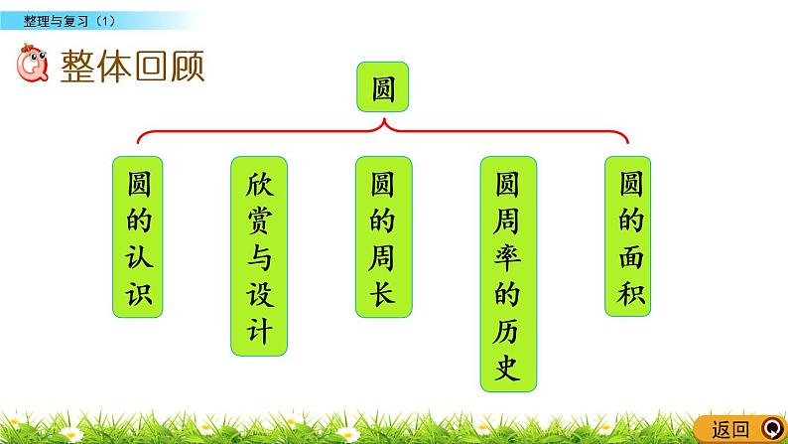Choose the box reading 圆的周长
(x=382, y=234)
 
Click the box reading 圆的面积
(x=629, y=234)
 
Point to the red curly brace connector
(x=382, y=130)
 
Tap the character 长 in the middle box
(x=382, y=295)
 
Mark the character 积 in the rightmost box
(x=629, y=295)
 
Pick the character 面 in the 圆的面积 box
(x=629, y=258)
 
